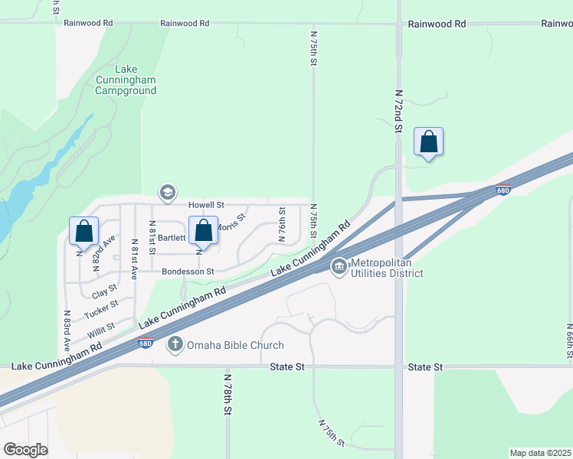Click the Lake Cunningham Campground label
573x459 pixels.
click(x=126, y=85)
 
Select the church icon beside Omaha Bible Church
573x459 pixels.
click(x=175, y=345)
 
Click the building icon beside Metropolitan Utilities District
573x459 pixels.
click(x=338, y=267)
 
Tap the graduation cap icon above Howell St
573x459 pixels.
click(x=167, y=192)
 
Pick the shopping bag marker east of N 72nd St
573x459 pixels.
click(x=429, y=142)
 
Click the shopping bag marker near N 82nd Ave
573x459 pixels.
click(x=84, y=231)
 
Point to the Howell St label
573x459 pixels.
click(x=207, y=206)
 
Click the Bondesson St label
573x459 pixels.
click(x=188, y=272)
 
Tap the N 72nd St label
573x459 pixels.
click(x=398, y=112)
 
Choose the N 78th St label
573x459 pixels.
click(x=228, y=394)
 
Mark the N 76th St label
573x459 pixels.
click(x=282, y=224)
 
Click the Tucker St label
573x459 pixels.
click(x=101, y=309)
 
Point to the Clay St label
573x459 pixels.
click(x=104, y=291)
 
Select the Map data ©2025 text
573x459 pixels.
click(x=540, y=453)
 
